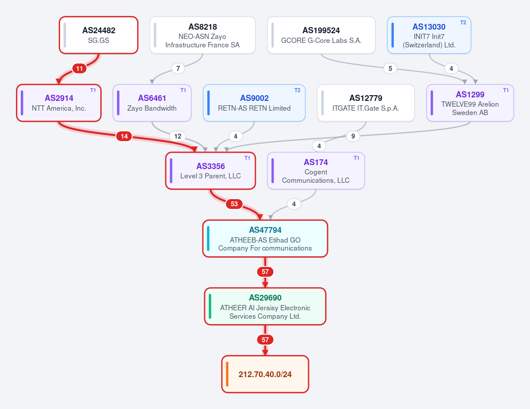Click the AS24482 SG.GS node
coord(99,35)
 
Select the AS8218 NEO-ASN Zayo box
coord(202,35)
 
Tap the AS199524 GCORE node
coord(321,35)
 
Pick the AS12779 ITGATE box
coord(366,103)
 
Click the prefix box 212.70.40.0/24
coord(265,374)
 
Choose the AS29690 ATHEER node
coord(265,306)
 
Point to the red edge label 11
coord(80,69)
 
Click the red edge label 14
coord(124,136)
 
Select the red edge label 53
coord(234,204)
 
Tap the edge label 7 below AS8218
coord(178,69)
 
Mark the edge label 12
coord(178,136)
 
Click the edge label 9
coord(353,136)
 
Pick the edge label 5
coord(390,69)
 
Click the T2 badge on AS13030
coord(463,23)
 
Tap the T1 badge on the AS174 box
coord(356,158)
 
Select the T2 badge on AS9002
coord(297,90)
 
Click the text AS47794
coord(265,230)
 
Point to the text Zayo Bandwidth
coord(152,108)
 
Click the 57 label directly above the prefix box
coord(265,340)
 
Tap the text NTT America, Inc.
coord(59,108)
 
